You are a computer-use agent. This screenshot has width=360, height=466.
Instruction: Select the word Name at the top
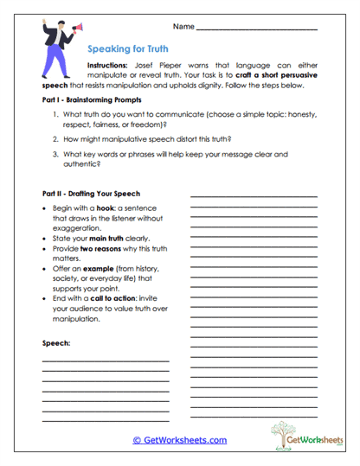pos(183,27)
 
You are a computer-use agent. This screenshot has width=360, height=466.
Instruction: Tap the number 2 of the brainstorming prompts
pos(55,137)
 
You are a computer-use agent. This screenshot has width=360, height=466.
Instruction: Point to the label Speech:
pos(57,343)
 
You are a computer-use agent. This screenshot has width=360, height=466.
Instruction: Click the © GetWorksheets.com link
pos(180,440)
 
